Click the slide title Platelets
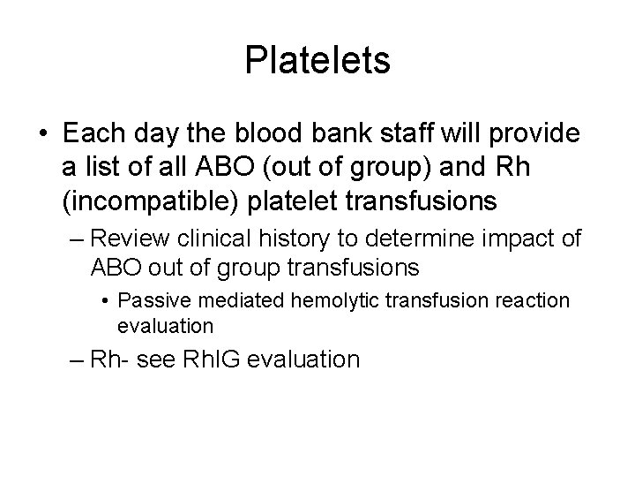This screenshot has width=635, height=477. (317, 61)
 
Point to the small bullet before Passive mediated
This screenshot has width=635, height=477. (106, 301)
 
